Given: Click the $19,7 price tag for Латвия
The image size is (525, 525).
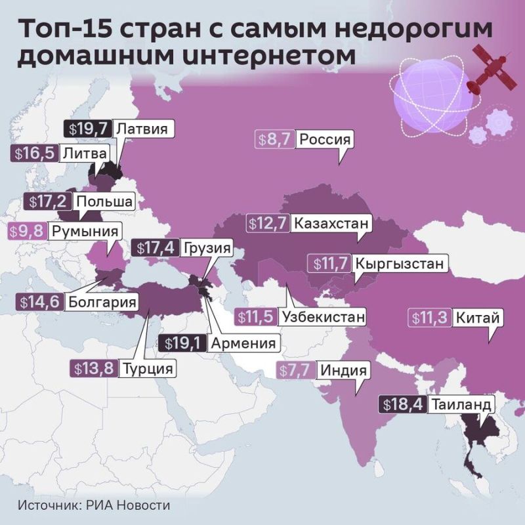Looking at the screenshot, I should (88, 129).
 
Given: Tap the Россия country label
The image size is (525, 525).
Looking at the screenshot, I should (325, 140).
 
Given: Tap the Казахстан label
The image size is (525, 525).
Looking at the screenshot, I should (331, 223).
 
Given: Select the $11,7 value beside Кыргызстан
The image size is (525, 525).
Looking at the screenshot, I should (329, 264).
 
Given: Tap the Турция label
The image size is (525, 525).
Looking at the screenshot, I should (149, 369).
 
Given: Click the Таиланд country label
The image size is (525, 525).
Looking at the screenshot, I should (461, 404).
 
